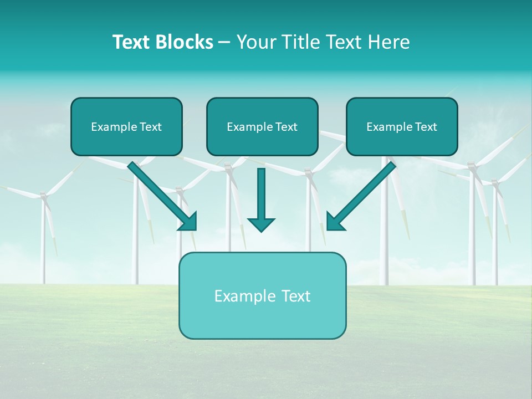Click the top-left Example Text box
click(126, 126)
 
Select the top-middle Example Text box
click(262, 126)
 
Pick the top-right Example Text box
click(402, 126)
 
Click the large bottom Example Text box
click(262, 295)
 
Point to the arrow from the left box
click(161, 194)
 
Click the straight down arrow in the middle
click(261, 197)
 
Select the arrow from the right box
click(363, 194)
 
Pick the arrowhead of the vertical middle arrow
click(261, 224)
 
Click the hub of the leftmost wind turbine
click(43, 195)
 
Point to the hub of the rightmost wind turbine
click(495, 182)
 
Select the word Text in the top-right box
click(426, 126)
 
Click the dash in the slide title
click(224, 42)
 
